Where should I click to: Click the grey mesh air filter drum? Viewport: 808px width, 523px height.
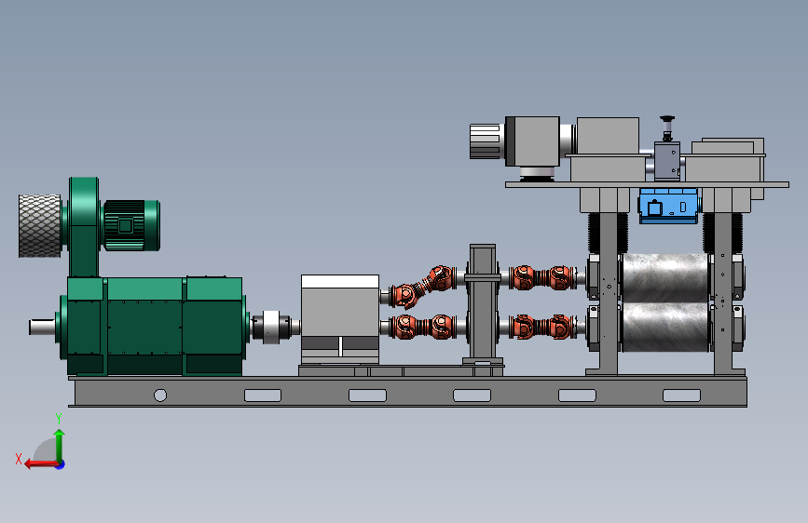tap(40, 225)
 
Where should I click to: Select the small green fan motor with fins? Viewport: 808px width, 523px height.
tap(131, 225)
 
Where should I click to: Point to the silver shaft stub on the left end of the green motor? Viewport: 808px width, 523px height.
tap(42, 327)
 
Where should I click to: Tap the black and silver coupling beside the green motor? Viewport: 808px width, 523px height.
tap(272, 327)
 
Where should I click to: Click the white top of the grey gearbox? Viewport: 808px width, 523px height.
tap(340, 281)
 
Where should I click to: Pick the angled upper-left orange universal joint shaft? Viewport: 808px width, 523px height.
tap(422, 286)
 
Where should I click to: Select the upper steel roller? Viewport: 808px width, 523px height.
tap(665, 277)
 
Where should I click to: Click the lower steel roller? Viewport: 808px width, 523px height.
tap(665, 328)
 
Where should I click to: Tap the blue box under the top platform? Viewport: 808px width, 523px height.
tap(668, 206)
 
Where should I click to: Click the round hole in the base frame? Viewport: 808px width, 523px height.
tap(160, 396)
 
